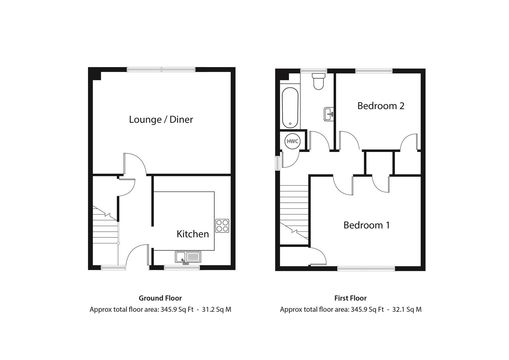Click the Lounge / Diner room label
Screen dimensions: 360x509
point(161,119)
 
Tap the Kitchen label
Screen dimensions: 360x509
point(193,234)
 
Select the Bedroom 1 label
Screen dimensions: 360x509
point(366,225)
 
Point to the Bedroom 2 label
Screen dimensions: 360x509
point(381,106)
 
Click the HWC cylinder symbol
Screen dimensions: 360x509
point(292,141)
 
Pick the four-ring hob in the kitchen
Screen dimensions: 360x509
point(222,225)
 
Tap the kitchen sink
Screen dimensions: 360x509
point(188,257)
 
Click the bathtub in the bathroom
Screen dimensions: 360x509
point(290,108)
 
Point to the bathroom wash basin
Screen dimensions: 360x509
point(328,114)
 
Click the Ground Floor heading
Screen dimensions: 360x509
point(160,298)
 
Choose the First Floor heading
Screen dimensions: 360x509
point(350,298)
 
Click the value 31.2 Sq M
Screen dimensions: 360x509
point(216,310)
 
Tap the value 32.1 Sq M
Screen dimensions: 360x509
point(407,310)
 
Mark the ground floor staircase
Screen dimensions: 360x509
point(105,227)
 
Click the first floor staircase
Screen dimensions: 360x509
point(294,213)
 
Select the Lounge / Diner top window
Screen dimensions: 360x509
point(161,70)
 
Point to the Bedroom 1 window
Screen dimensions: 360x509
point(366,268)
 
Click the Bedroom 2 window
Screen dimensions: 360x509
point(374,71)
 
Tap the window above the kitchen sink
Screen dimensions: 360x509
point(182,267)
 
